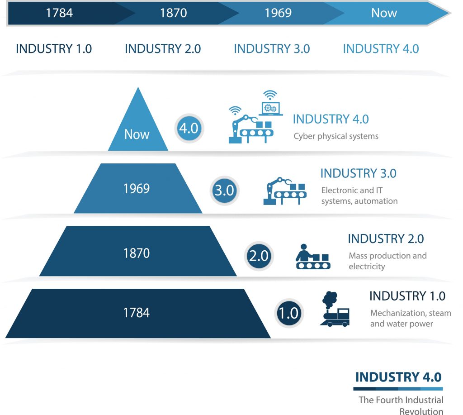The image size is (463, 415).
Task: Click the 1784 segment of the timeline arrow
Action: [59, 13]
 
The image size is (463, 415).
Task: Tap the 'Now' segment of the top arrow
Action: [384, 13]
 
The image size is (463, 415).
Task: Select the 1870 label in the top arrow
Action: [173, 13]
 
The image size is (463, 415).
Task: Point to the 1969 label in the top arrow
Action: [278, 13]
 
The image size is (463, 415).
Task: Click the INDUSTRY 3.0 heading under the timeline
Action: [272, 49]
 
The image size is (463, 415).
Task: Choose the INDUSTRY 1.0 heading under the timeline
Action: [54, 49]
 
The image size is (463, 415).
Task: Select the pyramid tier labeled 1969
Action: [137, 189]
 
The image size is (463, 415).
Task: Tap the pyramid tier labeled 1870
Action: [137, 253]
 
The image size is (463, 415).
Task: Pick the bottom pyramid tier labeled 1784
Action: [137, 313]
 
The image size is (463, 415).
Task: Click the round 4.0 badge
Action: [189, 128]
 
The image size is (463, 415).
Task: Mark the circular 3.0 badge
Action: [224, 190]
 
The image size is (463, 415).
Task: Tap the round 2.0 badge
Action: [259, 256]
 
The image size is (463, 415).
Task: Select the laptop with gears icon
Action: [270, 104]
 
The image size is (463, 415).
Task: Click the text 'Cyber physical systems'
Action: [336, 136]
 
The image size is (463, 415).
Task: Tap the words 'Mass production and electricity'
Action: [387, 261]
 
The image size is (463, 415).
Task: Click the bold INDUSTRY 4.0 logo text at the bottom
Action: [398, 377]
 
